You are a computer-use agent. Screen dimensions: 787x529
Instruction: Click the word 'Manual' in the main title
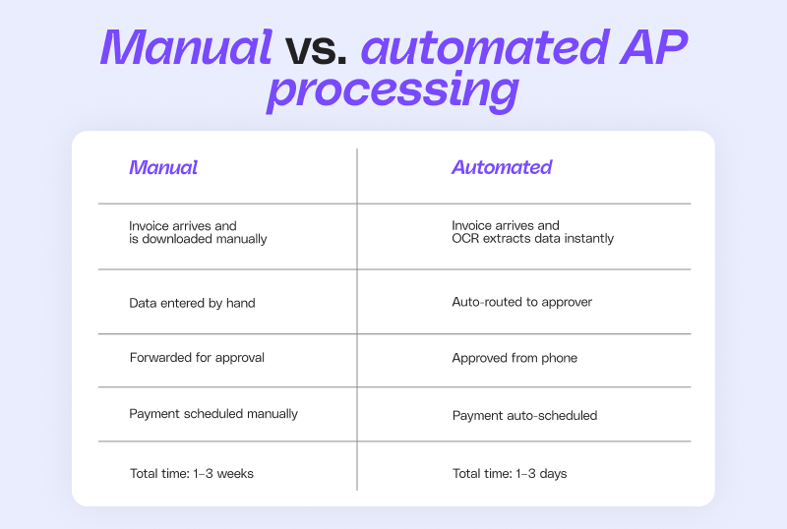coord(186,47)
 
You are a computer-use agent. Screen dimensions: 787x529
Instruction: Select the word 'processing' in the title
coord(393,90)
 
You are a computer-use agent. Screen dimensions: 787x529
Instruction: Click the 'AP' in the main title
coord(653,47)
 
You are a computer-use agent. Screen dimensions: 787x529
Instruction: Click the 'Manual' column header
coord(163,167)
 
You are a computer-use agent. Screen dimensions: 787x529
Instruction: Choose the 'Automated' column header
coord(502,167)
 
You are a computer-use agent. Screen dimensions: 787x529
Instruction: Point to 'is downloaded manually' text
coord(198,239)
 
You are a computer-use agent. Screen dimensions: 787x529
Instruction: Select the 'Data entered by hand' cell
coord(192,303)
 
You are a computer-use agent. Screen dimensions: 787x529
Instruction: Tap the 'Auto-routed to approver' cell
coord(522,302)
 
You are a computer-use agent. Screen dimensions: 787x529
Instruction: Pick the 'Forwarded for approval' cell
coord(197,357)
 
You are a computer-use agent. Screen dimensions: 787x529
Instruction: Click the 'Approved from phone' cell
coord(515,358)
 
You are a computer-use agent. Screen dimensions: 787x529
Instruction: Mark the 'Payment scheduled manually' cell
coord(213,414)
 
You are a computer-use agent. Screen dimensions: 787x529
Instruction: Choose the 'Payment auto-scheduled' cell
coord(524,416)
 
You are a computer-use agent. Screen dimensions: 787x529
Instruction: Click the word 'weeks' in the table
coord(235,474)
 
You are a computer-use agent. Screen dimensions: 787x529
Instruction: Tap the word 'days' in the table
coord(553,474)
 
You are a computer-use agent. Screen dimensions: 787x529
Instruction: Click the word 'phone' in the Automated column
coord(560,358)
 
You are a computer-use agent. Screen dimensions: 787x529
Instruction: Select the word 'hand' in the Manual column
coord(240,303)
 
